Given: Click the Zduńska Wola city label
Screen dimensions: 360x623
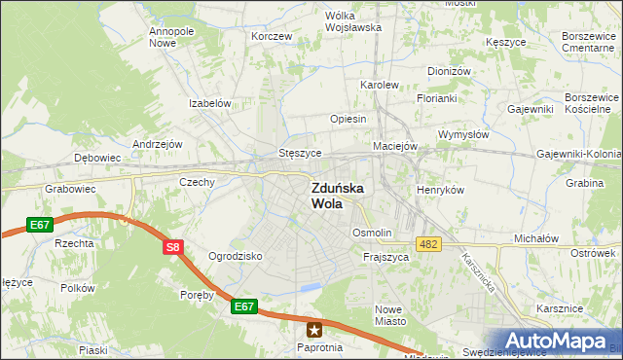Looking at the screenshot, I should (337, 196).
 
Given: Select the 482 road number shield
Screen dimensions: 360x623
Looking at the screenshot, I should (427, 242).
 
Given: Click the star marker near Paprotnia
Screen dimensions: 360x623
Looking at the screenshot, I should (314, 330).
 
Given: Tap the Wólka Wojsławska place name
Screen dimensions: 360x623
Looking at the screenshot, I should (352, 21).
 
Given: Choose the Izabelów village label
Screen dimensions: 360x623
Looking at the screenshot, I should (209, 103).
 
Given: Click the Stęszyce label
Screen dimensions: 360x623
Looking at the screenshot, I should (300, 153).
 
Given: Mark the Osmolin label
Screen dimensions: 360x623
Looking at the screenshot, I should (372, 233).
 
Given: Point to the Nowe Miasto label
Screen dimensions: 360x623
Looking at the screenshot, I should (389, 314).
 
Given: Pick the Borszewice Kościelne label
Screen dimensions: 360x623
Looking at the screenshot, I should (592, 104).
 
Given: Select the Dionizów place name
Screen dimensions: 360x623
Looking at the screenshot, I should (449, 71).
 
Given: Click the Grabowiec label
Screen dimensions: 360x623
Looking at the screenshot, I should (68, 190).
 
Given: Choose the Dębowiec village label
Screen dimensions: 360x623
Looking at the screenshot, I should (97, 157).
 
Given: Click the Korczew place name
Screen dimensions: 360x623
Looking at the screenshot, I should (272, 36).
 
